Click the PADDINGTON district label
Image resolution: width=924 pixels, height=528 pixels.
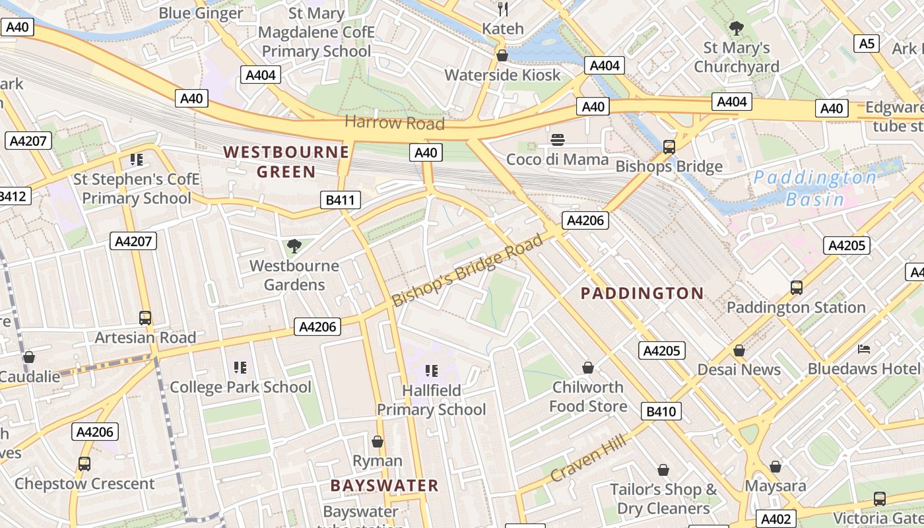[x=642, y=294]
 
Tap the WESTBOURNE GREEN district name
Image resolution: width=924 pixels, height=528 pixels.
[x=286, y=162]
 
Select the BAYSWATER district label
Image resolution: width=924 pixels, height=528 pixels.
[x=384, y=486]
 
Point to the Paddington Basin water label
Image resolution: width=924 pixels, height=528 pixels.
[x=815, y=188]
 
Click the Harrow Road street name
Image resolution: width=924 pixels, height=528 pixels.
[x=394, y=123]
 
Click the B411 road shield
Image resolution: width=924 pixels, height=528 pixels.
[x=341, y=200]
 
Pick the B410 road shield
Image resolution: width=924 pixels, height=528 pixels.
[x=661, y=412]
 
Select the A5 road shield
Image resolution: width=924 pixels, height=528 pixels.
[x=867, y=44]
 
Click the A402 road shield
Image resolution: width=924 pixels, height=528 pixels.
[x=775, y=519]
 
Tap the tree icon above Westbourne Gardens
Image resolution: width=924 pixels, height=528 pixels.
[x=294, y=246]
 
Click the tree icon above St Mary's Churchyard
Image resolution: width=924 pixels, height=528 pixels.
[x=737, y=28]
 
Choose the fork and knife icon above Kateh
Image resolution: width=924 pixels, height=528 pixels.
[x=503, y=9]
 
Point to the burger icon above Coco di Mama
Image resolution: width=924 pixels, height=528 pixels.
[x=558, y=139]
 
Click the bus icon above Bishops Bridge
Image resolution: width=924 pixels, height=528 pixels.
[x=669, y=147]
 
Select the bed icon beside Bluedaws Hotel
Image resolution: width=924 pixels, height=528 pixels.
[x=864, y=348]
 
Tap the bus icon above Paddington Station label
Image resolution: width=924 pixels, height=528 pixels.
[x=797, y=288]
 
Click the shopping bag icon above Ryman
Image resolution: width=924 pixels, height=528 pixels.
[x=378, y=441]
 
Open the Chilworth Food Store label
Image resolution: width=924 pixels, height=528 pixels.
[x=587, y=396]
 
